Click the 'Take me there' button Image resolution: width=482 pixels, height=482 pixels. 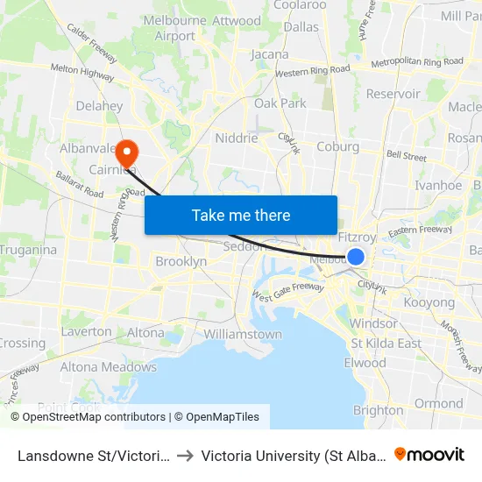point(241,215)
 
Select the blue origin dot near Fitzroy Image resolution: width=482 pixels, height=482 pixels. point(356,256)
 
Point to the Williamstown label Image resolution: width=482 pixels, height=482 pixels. point(243,334)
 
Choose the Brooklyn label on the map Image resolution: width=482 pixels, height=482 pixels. point(181,261)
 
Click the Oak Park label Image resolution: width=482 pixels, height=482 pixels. point(280,103)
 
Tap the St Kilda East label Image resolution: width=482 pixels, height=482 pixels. point(386,343)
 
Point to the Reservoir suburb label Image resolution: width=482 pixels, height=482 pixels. point(393,94)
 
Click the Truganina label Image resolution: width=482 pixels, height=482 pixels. point(28,250)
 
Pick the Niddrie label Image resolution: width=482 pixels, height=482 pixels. point(237,138)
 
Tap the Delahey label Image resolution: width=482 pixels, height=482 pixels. point(99,106)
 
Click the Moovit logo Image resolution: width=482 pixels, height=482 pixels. point(429,454)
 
